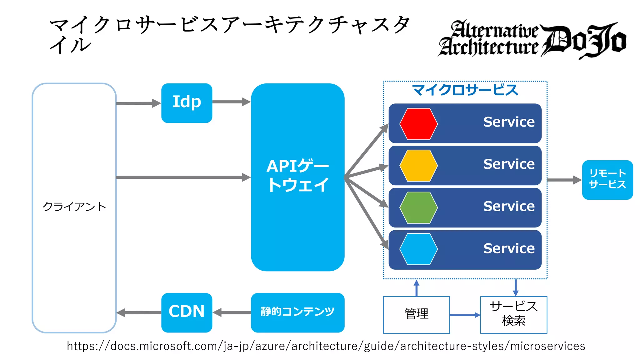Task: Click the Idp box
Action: tap(187, 103)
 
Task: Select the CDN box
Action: tap(187, 312)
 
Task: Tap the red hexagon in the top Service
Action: tap(418, 124)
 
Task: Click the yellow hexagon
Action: tap(418, 166)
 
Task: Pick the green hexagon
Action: tap(418, 207)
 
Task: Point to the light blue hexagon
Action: tap(418, 249)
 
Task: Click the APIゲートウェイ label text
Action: tap(297, 175)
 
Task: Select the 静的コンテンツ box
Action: tap(297, 312)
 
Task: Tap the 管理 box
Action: tap(416, 314)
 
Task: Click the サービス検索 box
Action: tap(513, 314)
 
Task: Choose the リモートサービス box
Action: tap(607, 180)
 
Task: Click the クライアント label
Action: tap(74, 207)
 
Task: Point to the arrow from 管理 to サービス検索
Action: tap(465, 315)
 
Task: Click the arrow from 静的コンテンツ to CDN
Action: tap(232, 312)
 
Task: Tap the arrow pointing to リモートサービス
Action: tap(564, 180)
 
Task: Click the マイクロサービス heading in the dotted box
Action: tap(465, 90)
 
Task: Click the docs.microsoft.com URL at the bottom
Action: tap(326, 346)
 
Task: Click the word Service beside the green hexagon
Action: tap(509, 206)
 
